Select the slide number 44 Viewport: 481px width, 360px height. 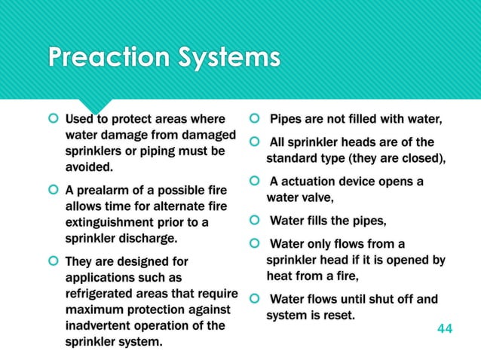pos(446,329)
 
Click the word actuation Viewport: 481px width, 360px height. pos(311,182)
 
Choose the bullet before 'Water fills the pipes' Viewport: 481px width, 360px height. pos(256,221)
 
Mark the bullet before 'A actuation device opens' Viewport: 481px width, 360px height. pos(256,182)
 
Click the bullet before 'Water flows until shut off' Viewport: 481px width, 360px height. pos(256,298)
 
